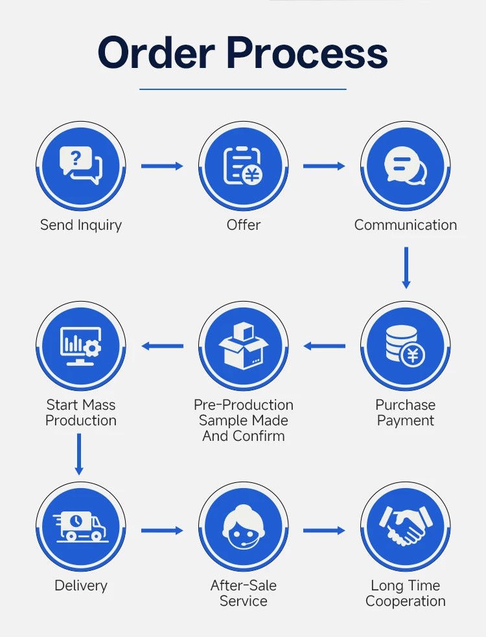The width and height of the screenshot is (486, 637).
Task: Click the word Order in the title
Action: [x=156, y=52]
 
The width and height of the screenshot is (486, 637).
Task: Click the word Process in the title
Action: [x=307, y=52]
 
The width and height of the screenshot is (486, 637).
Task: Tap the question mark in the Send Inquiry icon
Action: [x=76, y=157]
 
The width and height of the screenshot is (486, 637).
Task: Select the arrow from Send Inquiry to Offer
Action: [x=162, y=166]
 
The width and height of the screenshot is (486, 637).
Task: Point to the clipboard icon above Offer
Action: [x=243, y=165]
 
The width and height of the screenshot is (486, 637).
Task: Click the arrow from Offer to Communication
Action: [x=324, y=166]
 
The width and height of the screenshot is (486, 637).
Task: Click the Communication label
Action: [x=406, y=225]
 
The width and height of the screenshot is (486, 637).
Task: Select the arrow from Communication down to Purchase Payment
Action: [x=406, y=268]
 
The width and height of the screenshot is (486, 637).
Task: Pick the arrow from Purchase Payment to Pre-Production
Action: [x=324, y=346]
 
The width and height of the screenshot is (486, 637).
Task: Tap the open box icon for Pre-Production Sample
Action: [x=243, y=345]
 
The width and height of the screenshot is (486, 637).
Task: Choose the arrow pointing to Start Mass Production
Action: [x=162, y=346]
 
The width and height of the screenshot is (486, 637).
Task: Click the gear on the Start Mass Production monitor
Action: [x=93, y=348]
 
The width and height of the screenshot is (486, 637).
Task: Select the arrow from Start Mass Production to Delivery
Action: [x=79, y=454]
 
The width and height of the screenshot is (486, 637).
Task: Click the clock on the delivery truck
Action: [x=76, y=521]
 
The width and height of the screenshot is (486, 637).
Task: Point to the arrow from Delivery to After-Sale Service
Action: [x=162, y=531]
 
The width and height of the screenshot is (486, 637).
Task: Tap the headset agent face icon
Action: [x=244, y=526]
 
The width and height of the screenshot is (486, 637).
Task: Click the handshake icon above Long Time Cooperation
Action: [x=406, y=526]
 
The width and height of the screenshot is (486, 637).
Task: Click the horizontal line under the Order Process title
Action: [x=243, y=89]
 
